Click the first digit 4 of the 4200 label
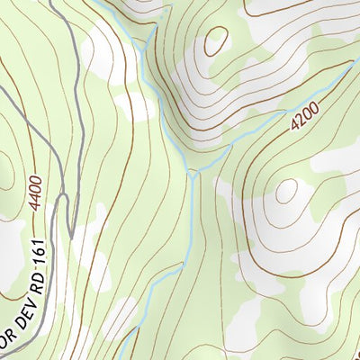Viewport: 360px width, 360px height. tap(294, 128)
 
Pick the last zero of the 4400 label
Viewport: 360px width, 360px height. tap(35, 179)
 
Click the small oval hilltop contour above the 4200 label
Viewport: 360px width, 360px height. tap(216, 40)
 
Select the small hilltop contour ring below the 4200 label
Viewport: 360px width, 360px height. tap(287, 191)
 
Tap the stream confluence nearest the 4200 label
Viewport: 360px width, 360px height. tap(193, 171)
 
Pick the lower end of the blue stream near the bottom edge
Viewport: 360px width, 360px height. tap(135, 333)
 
